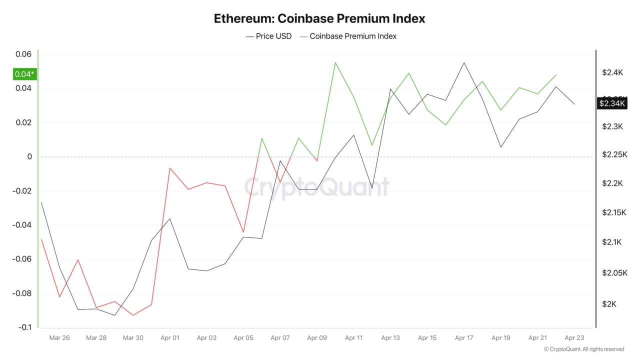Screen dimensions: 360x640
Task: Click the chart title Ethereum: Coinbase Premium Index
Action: (319, 18)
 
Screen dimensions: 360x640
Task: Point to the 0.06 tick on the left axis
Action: (23, 54)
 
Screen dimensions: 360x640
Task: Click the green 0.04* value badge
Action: (25, 74)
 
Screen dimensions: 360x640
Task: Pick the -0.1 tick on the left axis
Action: (24, 327)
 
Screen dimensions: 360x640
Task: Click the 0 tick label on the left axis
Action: (29, 156)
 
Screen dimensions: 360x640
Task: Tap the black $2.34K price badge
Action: (612, 103)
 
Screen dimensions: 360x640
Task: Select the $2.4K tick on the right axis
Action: (612, 72)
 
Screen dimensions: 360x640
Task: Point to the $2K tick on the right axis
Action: (609, 304)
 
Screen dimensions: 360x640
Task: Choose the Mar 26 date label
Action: (59, 338)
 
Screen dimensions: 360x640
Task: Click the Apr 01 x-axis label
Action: (169, 338)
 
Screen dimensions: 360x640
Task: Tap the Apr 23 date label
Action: (573, 338)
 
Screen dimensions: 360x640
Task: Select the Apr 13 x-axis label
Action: (390, 338)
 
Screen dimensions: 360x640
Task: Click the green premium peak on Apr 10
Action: (335, 62)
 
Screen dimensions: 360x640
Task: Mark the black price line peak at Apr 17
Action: (464, 62)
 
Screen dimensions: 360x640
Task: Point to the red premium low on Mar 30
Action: (133, 315)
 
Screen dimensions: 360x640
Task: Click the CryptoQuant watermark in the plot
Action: (316, 187)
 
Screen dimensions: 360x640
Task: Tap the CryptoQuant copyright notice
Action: (584, 349)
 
